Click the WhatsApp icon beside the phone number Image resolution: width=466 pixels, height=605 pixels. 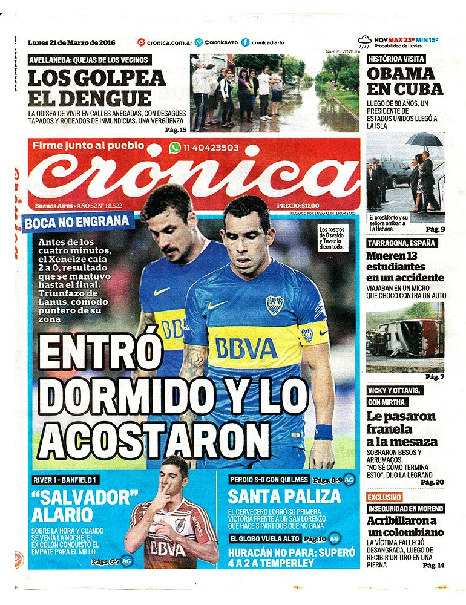[x=175, y=147]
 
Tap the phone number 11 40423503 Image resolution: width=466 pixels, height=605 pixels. [x=211, y=147]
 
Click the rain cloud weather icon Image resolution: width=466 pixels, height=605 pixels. [x=364, y=42]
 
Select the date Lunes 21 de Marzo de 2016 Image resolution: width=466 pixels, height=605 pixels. [x=71, y=42]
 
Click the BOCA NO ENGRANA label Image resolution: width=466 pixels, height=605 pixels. [x=77, y=222]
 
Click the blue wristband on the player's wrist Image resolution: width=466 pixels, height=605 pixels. [x=323, y=432]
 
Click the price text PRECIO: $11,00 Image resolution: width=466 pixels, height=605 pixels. [x=298, y=206]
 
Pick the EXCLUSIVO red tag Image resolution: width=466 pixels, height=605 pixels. [x=384, y=497]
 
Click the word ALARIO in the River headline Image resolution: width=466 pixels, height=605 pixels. [x=62, y=515]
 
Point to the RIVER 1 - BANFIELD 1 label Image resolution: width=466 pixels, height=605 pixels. [x=65, y=480]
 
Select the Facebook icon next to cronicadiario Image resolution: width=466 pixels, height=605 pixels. [x=245, y=42]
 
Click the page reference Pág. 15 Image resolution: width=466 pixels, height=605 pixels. [x=175, y=129]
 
